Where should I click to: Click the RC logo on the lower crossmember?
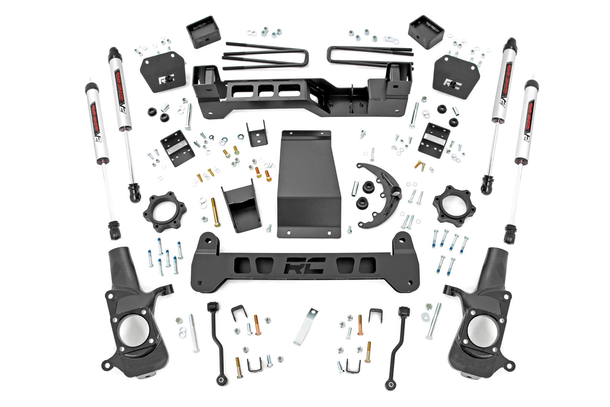tap(305, 265)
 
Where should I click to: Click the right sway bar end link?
tap(396, 343)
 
